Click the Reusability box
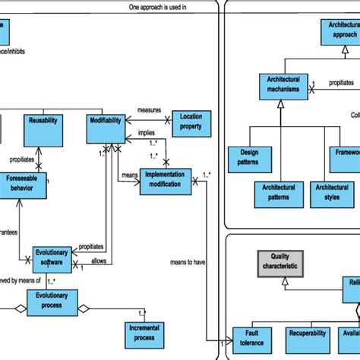coord(42,130)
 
